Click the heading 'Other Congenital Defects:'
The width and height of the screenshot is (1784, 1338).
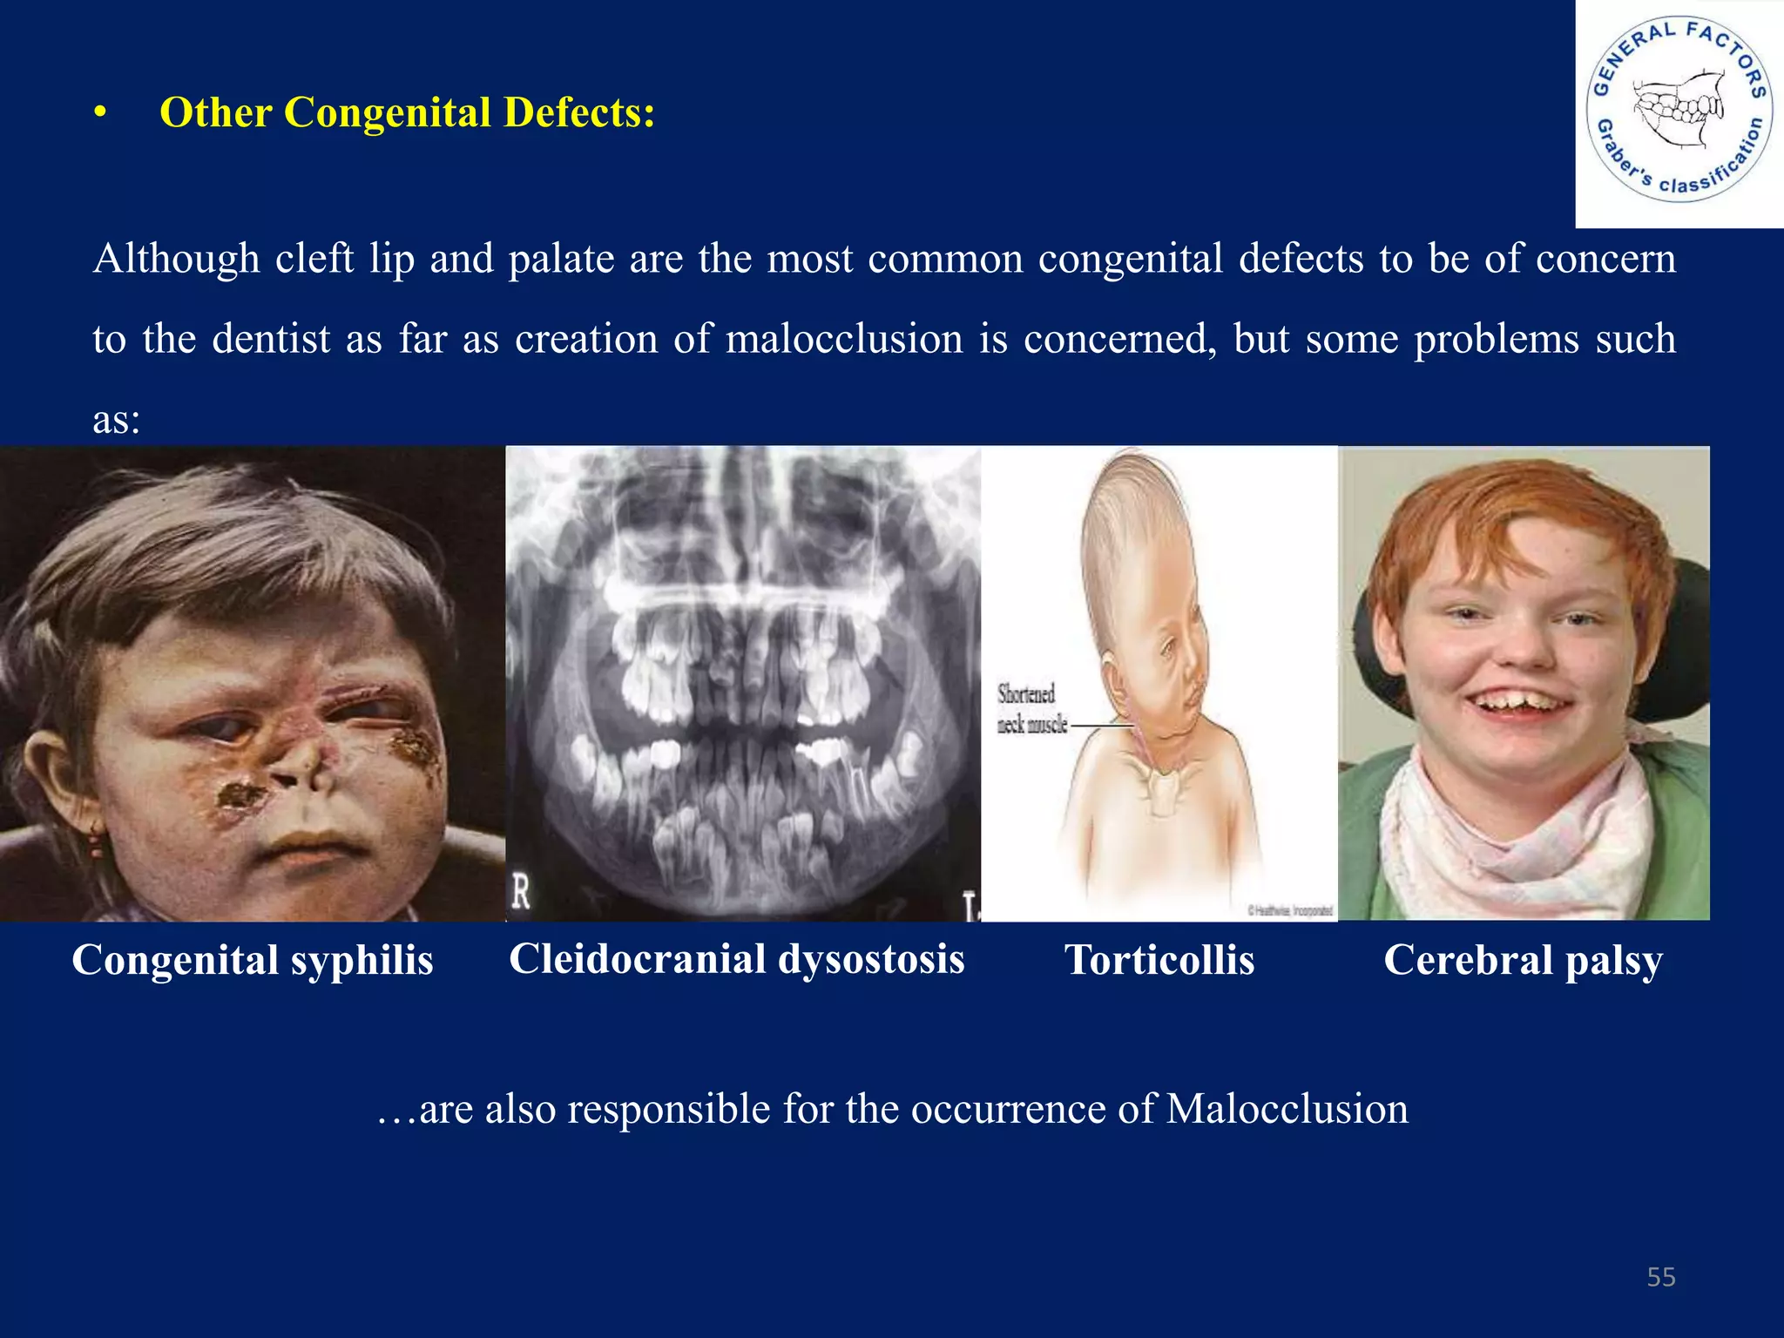(407, 113)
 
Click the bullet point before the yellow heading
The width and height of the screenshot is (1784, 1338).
(101, 114)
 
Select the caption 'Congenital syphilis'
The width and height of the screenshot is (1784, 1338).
(253, 960)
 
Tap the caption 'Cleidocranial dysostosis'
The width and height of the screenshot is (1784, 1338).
(737, 959)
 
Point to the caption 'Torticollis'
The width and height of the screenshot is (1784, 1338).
(1159, 960)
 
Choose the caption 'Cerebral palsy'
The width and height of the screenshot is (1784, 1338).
(1524, 960)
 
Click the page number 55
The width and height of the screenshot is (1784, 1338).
(1661, 1277)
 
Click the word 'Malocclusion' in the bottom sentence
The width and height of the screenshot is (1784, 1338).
(1287, 1109)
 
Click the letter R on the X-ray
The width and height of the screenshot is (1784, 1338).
(521, 892)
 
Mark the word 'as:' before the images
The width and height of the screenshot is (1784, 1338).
(117, 420)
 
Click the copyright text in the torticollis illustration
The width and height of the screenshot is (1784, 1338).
(1290, 910)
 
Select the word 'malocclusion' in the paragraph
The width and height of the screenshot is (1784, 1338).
(844, 338)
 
